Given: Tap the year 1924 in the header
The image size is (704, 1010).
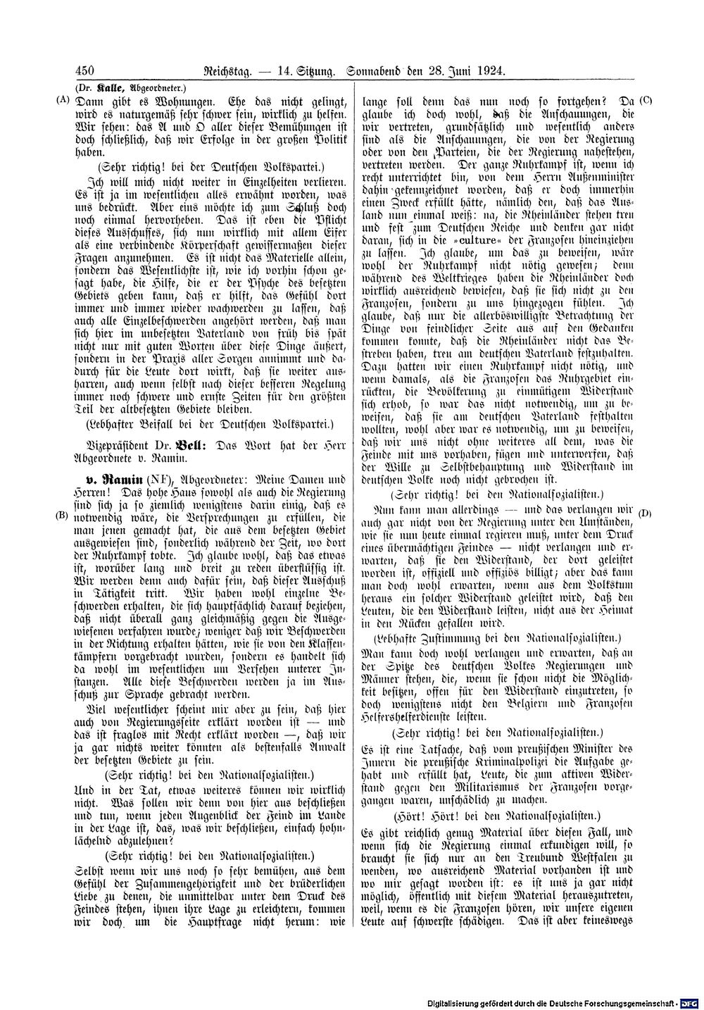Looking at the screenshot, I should click(x=492, y=70).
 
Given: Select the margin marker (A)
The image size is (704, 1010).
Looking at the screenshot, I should click(x=63, y=100).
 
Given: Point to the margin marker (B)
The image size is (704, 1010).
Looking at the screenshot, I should click(x=63, y=514).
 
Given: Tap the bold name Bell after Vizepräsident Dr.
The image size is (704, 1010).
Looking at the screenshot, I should click(x=184, y=446).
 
